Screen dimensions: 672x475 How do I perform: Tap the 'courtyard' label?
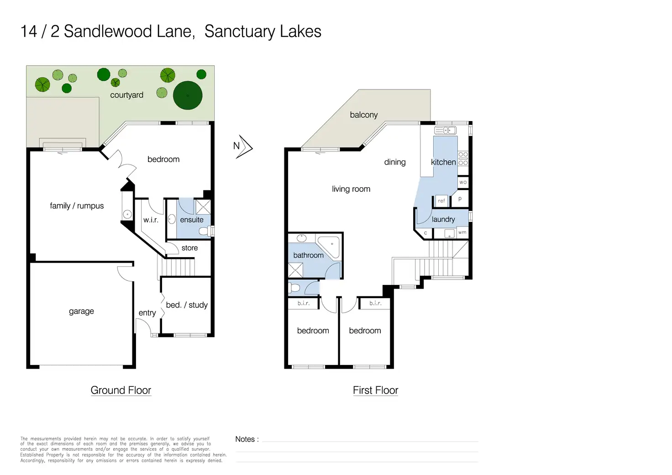coord(126,95)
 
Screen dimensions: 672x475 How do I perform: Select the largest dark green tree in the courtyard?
coord(188,95)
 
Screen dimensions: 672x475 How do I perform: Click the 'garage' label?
coord(81,311)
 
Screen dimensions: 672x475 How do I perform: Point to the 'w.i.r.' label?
coord(151,220)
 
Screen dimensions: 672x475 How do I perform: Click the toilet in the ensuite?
coord(206,231)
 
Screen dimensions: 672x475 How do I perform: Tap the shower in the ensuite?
coord(203,207)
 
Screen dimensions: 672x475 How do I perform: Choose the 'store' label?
coord(189,248)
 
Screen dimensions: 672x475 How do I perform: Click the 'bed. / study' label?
coord(187,305)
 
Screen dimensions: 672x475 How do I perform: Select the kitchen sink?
coord(446,130)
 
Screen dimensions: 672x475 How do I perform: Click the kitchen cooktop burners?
coord(463,159)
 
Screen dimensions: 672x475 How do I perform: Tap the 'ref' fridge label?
coord(441,201)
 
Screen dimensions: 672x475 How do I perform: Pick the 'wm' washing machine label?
coord(462,232)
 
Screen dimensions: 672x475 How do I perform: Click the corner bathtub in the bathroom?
coord(330,247)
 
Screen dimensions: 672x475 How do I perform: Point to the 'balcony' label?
coord(363,115)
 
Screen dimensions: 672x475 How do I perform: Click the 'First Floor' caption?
coord(375,390)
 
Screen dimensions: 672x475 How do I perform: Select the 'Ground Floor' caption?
coord(121,390)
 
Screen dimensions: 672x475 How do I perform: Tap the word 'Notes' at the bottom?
coord(245,439)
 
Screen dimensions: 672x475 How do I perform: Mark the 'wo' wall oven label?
coord(463,182)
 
